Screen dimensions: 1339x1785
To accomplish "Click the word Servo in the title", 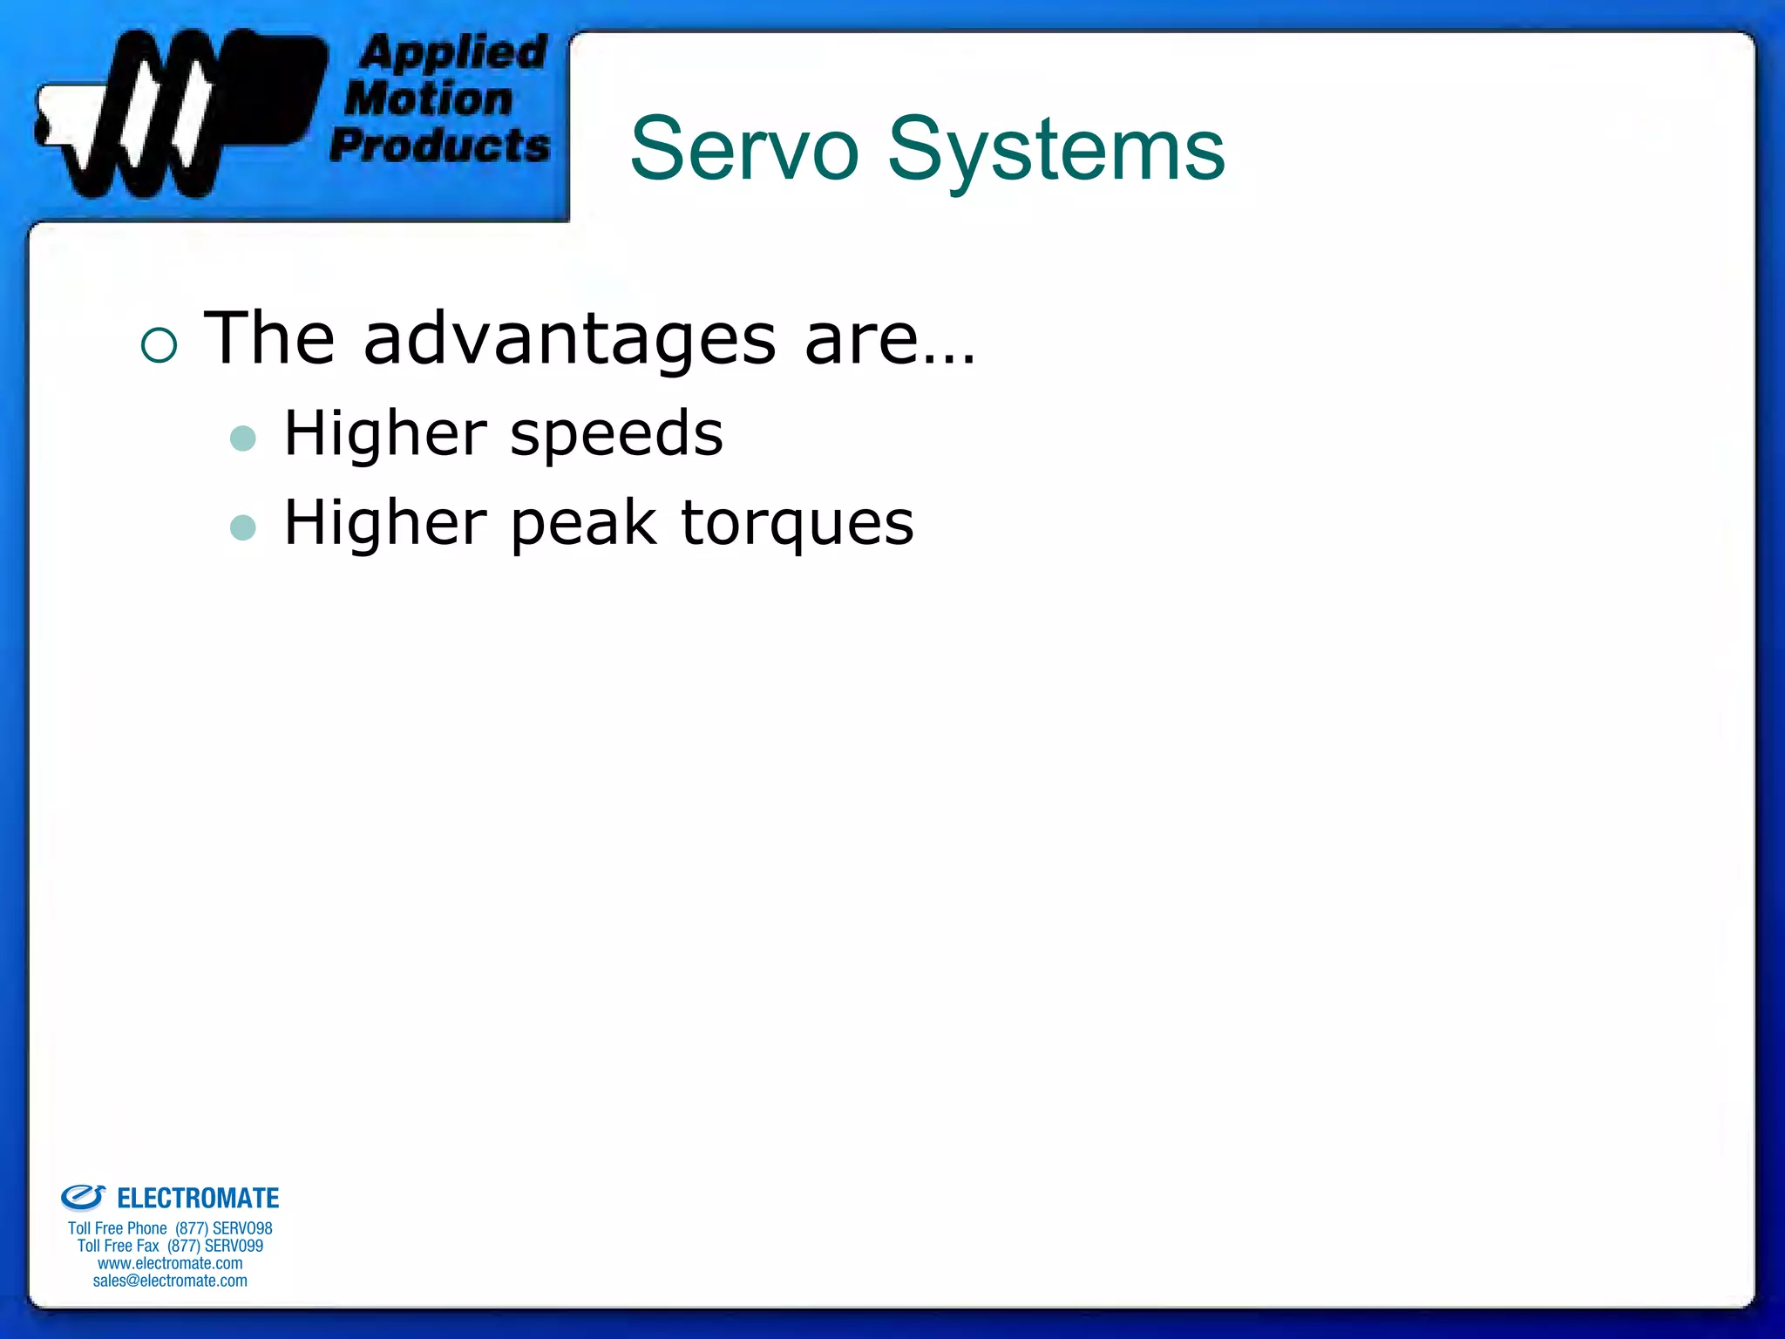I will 743,150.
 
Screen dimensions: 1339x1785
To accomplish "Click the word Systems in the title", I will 1055,150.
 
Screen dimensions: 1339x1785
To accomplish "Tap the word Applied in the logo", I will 453,52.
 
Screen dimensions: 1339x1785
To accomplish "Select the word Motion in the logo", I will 429,99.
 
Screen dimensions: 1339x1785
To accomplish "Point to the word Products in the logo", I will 440,145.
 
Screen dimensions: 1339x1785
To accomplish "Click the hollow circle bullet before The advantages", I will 159,345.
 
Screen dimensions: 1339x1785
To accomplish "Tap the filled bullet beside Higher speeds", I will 243,438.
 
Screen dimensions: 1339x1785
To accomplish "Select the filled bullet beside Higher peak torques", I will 243,527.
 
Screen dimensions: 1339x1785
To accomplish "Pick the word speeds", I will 616,433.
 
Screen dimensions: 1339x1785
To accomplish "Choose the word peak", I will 582,524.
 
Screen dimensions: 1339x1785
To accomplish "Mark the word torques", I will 797,524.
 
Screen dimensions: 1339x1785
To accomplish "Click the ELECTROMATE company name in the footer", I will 198,1199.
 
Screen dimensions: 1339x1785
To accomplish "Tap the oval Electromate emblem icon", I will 83,1198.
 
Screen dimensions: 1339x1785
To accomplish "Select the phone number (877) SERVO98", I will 224,1228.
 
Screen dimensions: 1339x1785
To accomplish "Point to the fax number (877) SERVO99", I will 215,1246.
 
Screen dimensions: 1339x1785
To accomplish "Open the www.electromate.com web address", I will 170,1263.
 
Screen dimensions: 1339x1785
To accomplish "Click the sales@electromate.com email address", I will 170,1281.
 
